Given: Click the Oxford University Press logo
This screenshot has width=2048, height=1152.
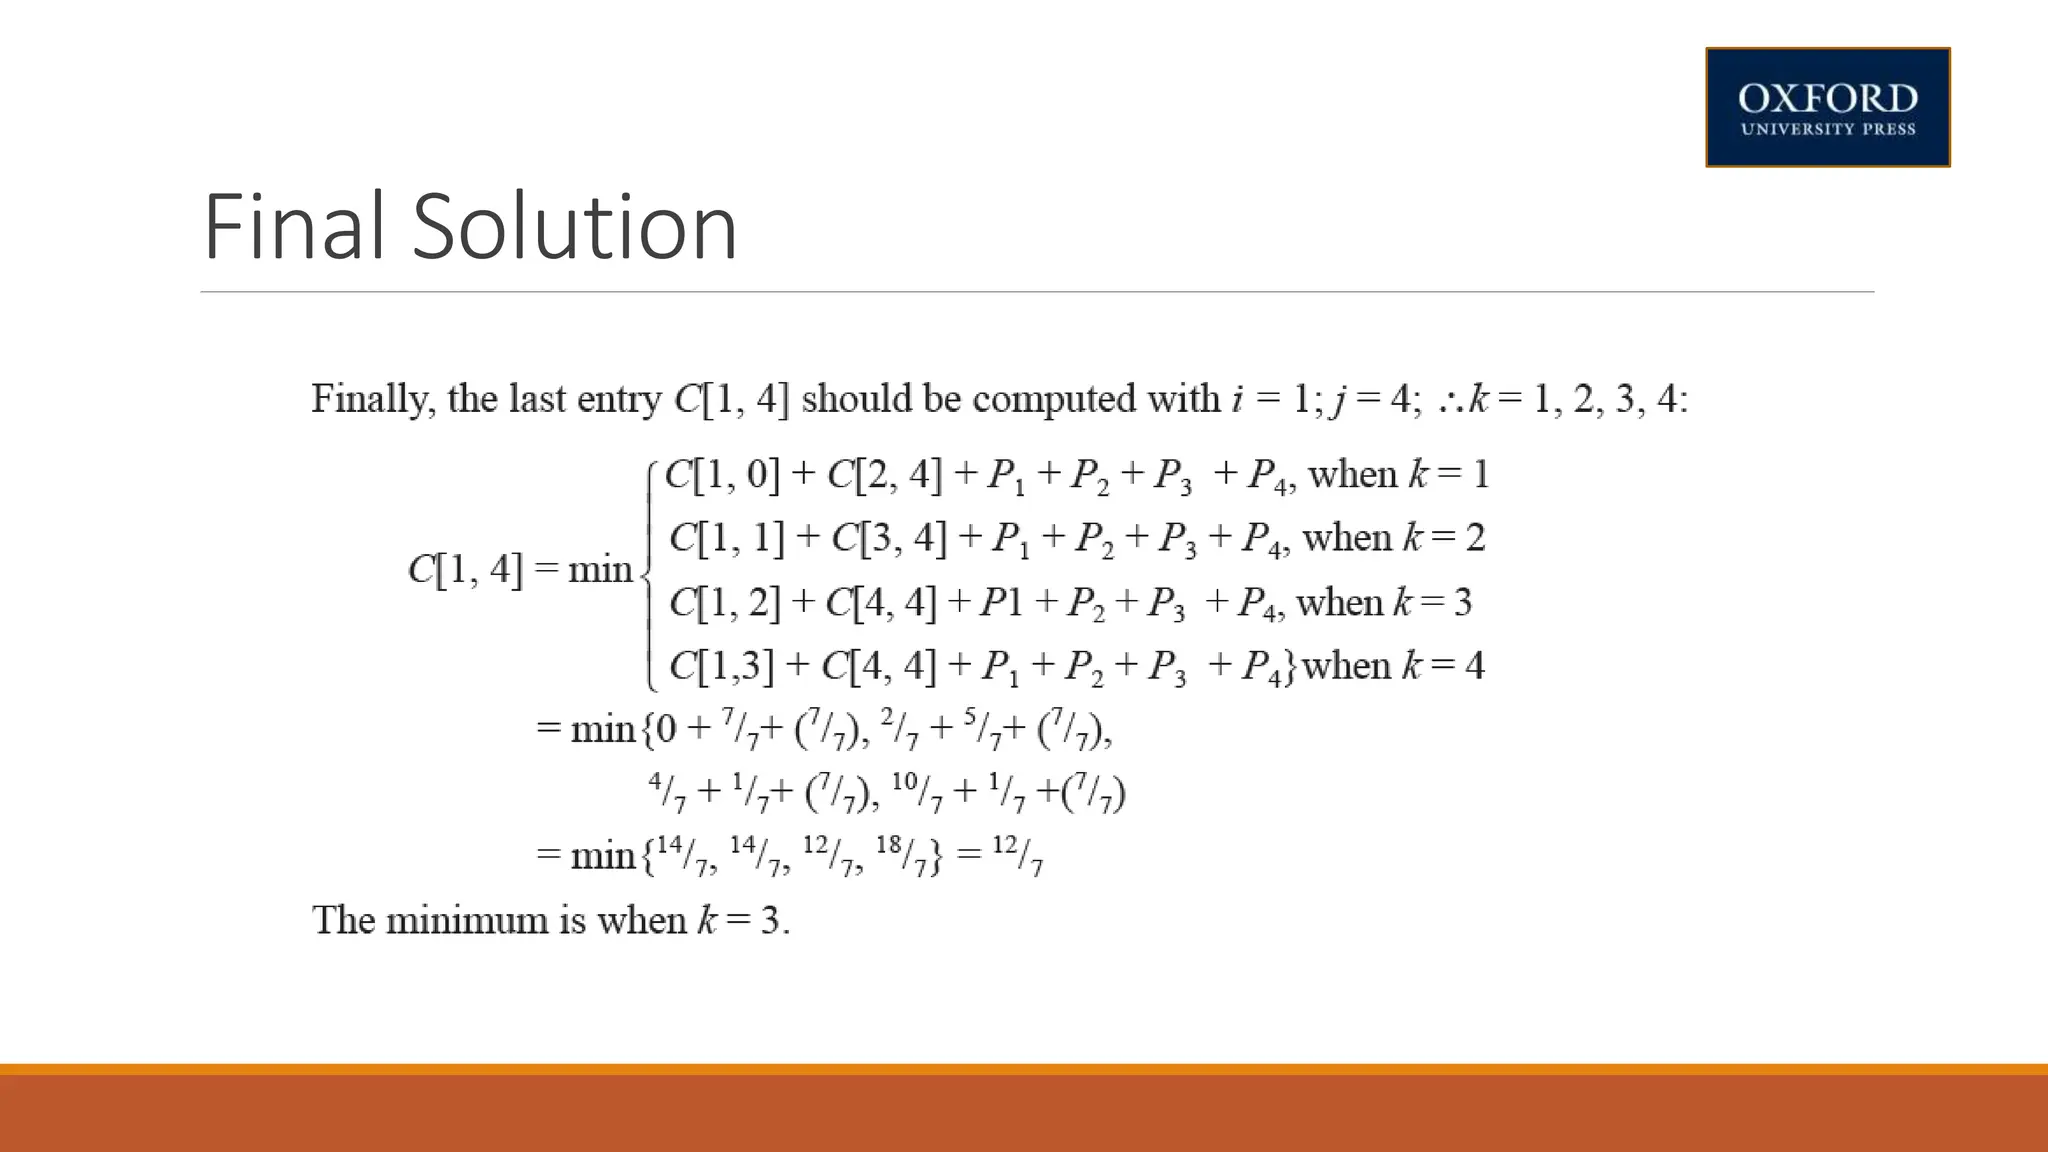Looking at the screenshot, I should pyautogui.click(x=1827, y=107).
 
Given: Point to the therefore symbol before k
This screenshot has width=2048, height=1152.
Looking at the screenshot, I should pyautogui.click(x=1450, y=401).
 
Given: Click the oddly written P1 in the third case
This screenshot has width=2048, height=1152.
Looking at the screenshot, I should pyautogui.click(x=1001, y=602).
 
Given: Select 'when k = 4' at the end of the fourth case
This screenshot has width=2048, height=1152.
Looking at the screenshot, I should pyautogui.click(x=1393, y=666).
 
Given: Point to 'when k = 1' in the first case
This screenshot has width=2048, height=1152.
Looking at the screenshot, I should pyautogui.click(x=1398, y=474).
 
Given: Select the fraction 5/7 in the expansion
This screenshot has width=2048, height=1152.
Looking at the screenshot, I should pyautogui.click(x=989, y=730).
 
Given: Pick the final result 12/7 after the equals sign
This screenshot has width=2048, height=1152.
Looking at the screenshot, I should pyautogui.click(x=1018, y=856).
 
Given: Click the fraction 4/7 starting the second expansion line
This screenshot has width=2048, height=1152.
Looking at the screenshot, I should pyautogui.click(x=667, y=792).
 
